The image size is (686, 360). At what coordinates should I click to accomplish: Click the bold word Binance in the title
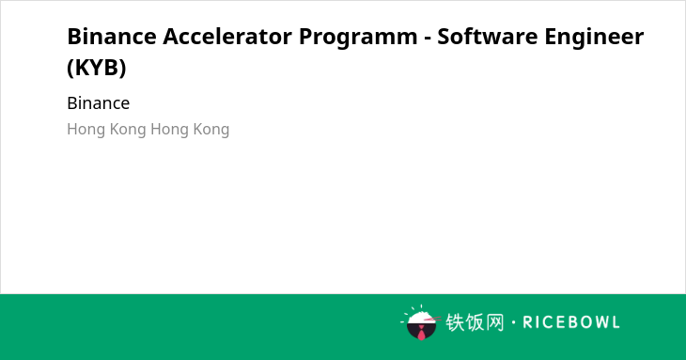pos(112,36)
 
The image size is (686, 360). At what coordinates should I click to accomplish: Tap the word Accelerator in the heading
pos(227,36)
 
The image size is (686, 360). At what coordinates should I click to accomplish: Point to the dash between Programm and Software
pos(428,39)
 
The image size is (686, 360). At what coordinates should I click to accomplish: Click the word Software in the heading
pos(488,36)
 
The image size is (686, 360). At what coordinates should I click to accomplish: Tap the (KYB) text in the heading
pos(97,68)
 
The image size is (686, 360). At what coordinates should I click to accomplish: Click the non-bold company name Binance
pos(99,103)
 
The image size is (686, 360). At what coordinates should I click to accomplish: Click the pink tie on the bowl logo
pos(421,334)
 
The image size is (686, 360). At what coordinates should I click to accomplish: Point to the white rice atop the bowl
pos(420,318)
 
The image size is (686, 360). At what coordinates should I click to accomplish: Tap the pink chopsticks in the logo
pos(432,320)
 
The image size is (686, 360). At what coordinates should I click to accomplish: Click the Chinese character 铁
pos(455,322)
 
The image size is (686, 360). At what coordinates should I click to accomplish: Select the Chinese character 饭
pos(476,322)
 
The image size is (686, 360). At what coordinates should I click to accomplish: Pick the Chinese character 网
pos(495,322)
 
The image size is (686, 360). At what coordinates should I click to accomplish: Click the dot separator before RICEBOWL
pos(514,322)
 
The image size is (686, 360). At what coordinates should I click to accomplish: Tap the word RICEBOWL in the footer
pos(571,322)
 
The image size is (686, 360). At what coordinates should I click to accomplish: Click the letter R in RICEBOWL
pos(527,322)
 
